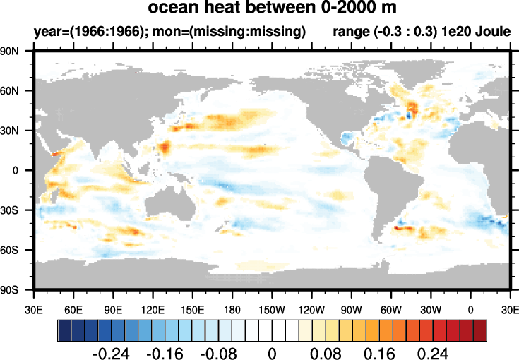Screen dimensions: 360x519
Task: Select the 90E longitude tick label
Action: click(x=113, y=309)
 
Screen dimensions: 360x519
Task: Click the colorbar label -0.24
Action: click(x=111, y=352)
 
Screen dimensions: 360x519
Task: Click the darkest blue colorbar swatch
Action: click(x=64, y=329)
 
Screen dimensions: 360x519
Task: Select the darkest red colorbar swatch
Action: click(x=480, y=329)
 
